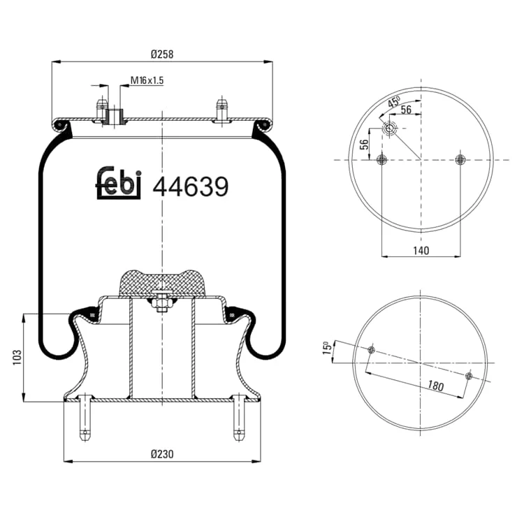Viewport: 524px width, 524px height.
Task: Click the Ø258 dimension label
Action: point(162,54)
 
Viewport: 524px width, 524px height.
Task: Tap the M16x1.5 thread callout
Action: point(147,80)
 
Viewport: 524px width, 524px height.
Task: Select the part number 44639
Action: point(191,187)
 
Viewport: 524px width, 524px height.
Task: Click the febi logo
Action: point(119,183)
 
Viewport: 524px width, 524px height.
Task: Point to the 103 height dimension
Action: point(17,357)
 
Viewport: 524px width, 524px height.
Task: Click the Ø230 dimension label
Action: point(162,454)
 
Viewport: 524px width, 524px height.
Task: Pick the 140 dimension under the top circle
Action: point(421,250)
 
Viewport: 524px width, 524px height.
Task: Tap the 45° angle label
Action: point(394,101)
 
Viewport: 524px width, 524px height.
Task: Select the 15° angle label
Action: point(327,347)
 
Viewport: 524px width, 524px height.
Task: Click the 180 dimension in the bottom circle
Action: point(436,386)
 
